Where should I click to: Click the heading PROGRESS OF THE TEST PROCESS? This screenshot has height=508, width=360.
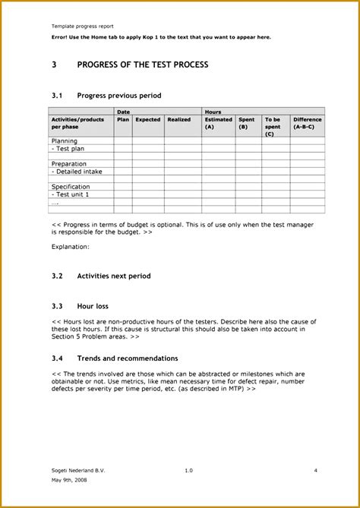142,65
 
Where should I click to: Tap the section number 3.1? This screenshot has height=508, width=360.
56,96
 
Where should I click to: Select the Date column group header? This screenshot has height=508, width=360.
123,112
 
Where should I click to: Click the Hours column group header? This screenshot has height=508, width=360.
213,112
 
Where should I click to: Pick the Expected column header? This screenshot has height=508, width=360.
148,119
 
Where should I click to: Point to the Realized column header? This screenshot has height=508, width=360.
179,119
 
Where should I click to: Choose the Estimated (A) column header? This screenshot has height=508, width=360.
219,123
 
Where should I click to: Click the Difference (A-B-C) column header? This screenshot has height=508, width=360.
308,123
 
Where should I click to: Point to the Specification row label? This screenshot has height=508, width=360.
71,187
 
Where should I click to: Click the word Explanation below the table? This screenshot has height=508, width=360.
70,247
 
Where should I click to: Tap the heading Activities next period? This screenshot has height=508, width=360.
114,276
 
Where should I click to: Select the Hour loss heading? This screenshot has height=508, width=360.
93,306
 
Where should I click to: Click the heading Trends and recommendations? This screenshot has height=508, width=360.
128,358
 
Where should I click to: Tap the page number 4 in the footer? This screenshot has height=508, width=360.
315,471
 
